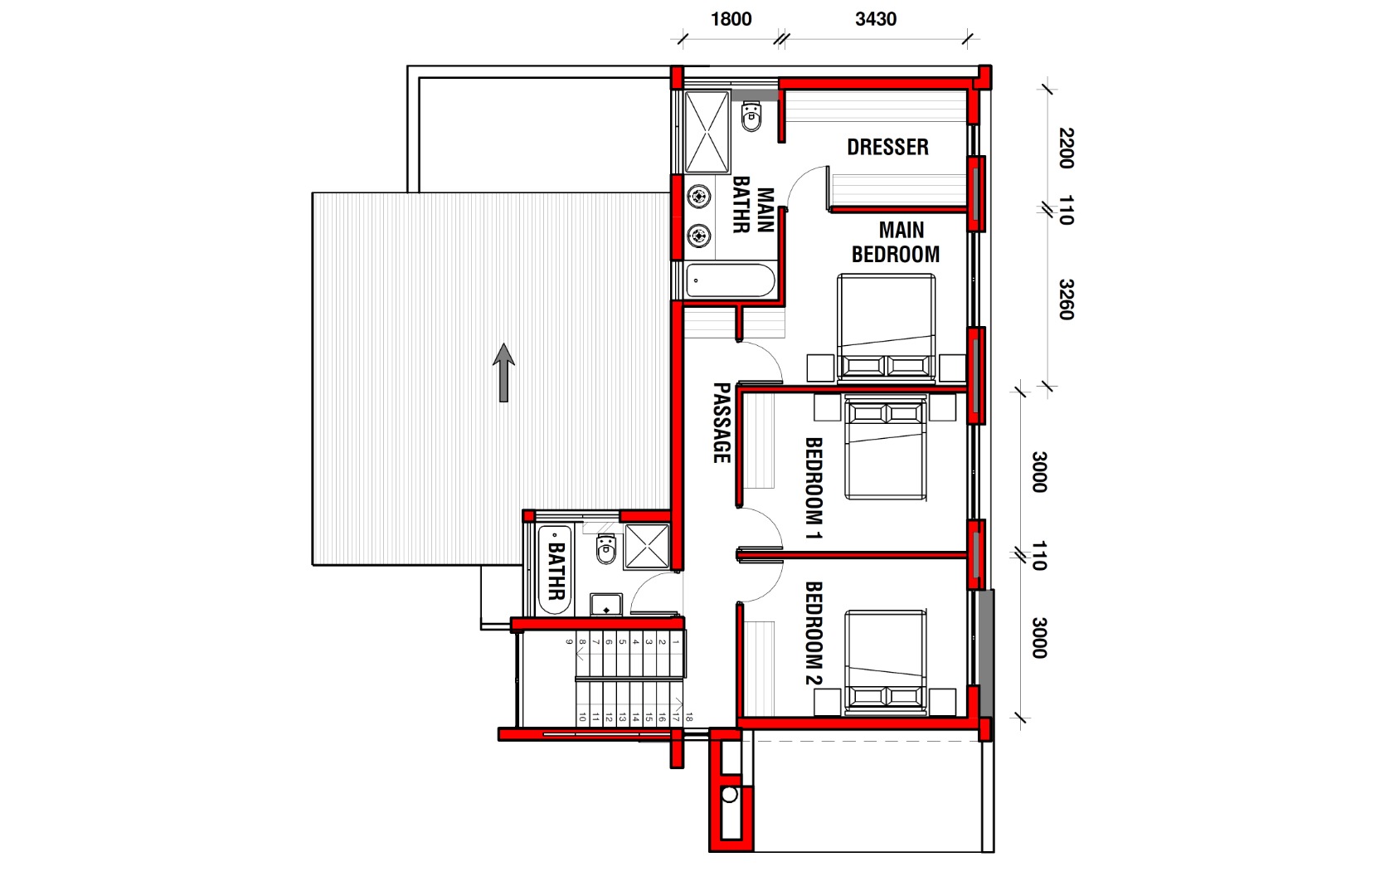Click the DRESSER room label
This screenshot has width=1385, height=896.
(x=887, y=147)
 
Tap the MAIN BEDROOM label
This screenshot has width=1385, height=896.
(x=896, y=241)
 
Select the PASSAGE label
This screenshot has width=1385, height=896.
(x=722, y=423)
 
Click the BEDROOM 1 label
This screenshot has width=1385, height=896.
(x=814, y=489)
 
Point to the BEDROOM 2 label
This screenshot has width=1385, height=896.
(x=814, y=633)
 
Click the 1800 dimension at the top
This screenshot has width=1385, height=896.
(x=731, y=19)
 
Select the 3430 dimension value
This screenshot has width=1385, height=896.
(x=876, y=19)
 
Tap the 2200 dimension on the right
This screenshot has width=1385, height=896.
(x=1067, y=149)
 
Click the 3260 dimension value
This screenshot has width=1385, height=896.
(x=1067, y=299)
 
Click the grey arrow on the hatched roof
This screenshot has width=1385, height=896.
(x=503, y=373)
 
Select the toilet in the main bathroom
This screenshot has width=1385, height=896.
(x=751, y=117)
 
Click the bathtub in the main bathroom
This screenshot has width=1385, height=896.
(x=730, y=281)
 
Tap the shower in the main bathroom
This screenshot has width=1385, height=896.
(x=707, y=133)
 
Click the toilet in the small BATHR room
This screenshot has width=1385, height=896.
(x=606, y=548)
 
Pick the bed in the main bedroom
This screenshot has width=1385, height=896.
(x=886, y=327)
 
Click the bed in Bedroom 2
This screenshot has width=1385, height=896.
(x=886, y=660)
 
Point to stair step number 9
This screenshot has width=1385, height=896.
(x=569, y=642)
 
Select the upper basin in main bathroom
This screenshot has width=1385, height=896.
(x=699, y=197)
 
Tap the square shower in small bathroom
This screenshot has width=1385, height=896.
(x=647, y=546)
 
